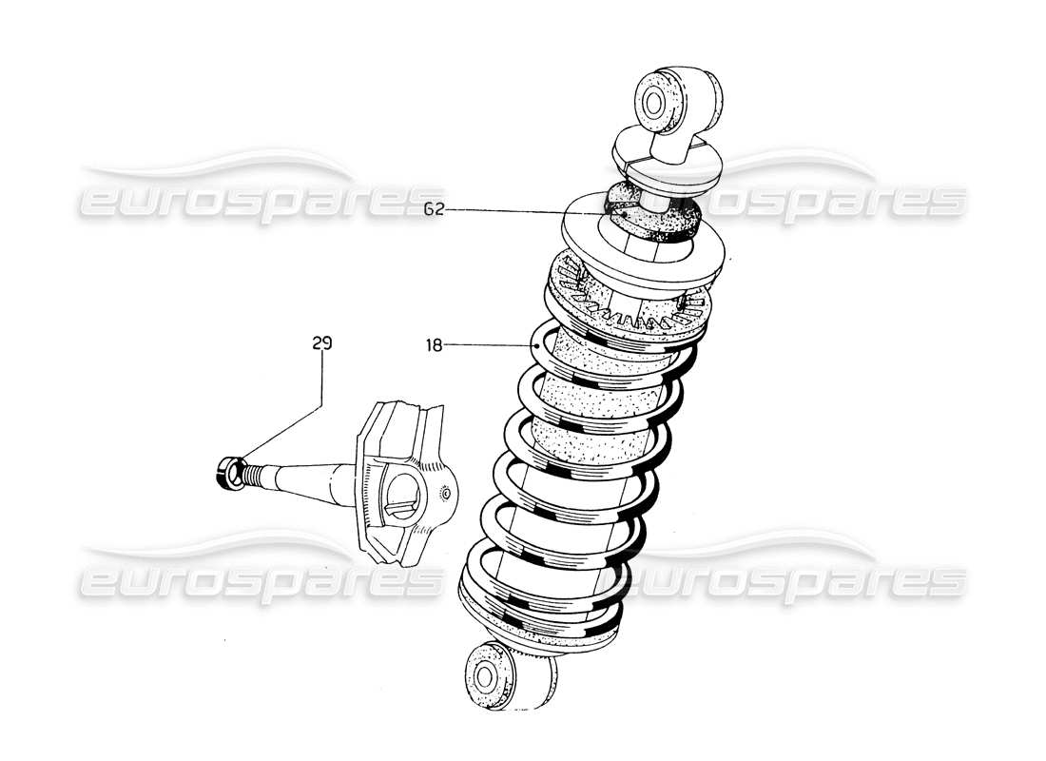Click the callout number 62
click(434, 209)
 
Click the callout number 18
click(434, 346)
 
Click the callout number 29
click(321, 342)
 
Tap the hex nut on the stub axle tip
click(228, 472)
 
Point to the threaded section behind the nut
click(249, 472)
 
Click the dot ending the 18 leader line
click(538, 347)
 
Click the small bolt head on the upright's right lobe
click(445, 495)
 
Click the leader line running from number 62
click(523, 211)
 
